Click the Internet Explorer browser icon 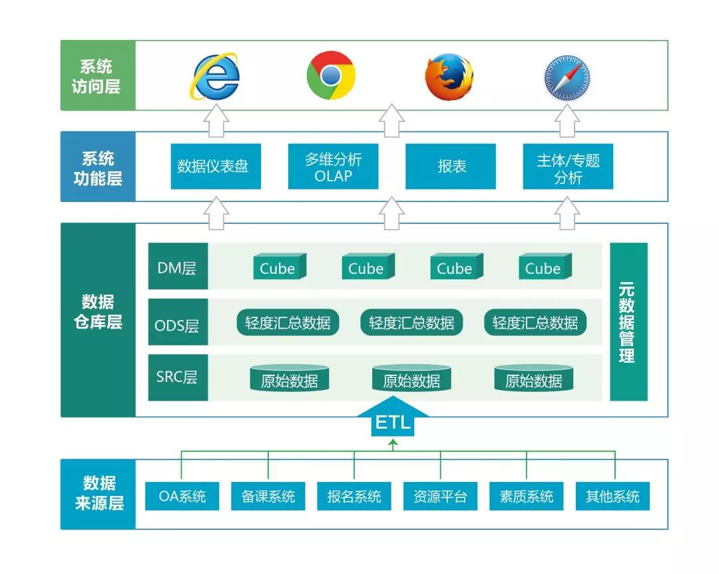(216, 76)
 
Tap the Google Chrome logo (330, 75)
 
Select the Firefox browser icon (449, 76)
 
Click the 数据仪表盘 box (215, 166)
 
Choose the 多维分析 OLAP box (333, 166)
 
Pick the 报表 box (451, 166)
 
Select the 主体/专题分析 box (568, 166)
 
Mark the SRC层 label (178, 377)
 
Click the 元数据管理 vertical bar (628, 322)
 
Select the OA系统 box (182, 496)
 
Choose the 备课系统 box (268, 496)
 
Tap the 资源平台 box (440, 496)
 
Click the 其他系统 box (612, 496)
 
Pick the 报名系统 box (354, 496)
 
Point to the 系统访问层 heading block (98, 75)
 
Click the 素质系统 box (526, 496)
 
